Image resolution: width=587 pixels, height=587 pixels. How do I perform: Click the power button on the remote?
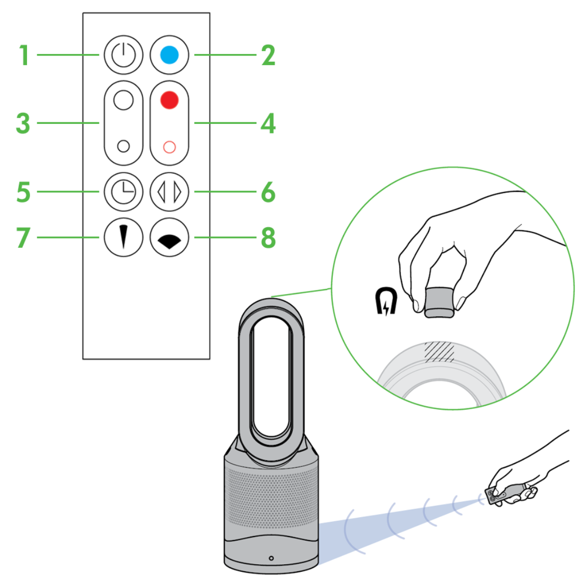pyautogui.click(x=123, y=55)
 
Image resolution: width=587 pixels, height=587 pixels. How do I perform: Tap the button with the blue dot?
pyautogui.click(x=169, y=55)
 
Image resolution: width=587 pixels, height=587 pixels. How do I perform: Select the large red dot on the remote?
pyautogui.click(x=169, y=100)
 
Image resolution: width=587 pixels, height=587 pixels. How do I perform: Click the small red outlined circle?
pyautogui.click(x=169, y=147)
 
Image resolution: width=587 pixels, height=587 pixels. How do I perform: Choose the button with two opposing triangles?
pyautogui.click(x=169, y=192)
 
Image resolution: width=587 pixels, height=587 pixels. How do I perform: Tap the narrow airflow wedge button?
pyautogui.click(x=123, y=237)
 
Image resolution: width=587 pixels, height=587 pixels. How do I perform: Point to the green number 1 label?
pyautogui.click(x=24, y=55)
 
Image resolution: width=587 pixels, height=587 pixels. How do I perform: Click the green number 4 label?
pyautogui.click(x=268, y=123)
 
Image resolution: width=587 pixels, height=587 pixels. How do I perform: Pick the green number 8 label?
pyautogui.click(x=268, y=238)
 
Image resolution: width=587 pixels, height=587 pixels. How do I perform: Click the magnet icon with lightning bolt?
pyautogui.click(x=386, y=301)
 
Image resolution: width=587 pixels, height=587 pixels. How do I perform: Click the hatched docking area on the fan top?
pyautogui.click(x=440, y=352)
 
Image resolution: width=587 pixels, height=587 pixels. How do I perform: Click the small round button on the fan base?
pyautogui.click(x=271, y=558)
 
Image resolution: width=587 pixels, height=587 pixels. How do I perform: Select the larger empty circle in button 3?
pyautogui.click(x=123, y=100)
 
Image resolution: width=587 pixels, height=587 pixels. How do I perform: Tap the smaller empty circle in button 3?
pyautogui.click(x=123, y=146)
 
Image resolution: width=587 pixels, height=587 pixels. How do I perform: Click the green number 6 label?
pyautogui.click(x=268, y=193)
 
